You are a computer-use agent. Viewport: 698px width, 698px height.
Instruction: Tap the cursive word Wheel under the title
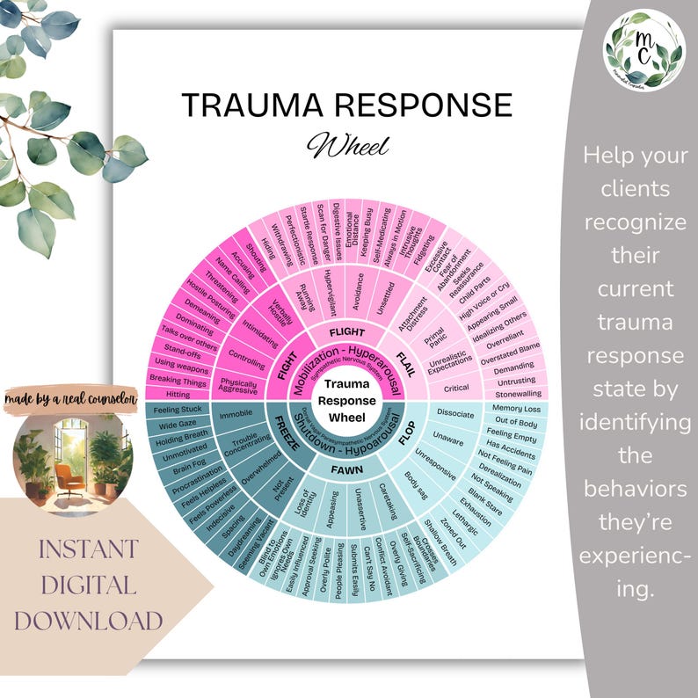(346, 144)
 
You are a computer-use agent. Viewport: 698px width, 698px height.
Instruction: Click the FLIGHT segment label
(346, 332)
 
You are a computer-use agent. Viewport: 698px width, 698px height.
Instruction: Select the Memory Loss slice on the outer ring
(515, 408)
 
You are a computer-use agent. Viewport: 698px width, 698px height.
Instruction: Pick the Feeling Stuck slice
(178, 410)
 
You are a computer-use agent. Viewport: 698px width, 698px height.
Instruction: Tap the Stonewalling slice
(519, 393)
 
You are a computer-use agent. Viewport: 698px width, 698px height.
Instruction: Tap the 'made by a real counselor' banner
(69, 399)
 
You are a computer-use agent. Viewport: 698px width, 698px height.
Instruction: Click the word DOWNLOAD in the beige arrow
(88, 621)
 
